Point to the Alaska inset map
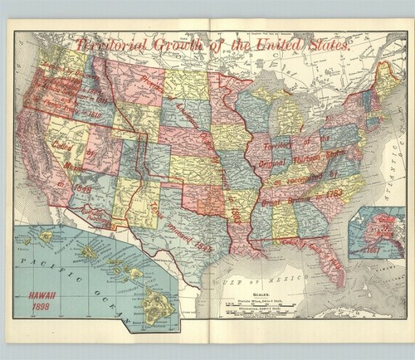376,232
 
